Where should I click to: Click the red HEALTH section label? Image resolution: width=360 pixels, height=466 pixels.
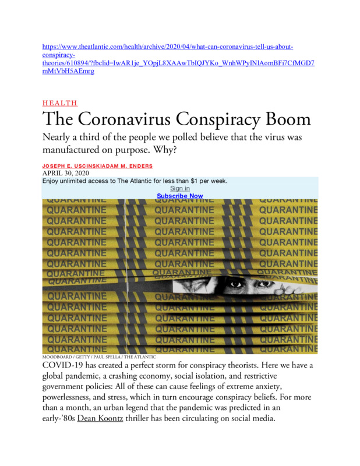(x=60, y=103)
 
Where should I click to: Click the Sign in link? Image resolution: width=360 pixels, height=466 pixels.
(x=180, y=188)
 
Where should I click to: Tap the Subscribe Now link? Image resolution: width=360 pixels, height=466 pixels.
(x=180, y=196)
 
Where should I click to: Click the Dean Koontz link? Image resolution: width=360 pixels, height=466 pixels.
(x=98, y=420)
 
